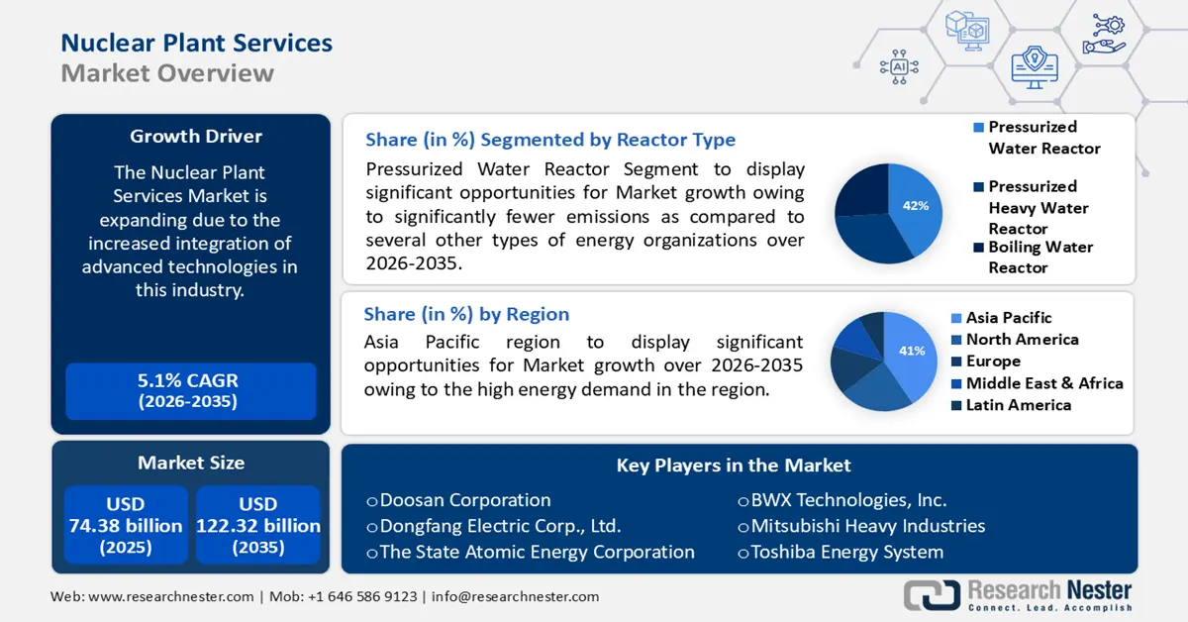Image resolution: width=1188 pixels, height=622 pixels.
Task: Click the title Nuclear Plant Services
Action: [x=196, y=43]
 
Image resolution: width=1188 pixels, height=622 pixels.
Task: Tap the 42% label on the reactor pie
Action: [x=915, y=206]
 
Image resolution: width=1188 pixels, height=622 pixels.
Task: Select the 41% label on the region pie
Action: [x=911, y=351]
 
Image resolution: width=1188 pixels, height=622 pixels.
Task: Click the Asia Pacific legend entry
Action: [x=1008, y=318]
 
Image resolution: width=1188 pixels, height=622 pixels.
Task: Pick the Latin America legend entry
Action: [x=1018, y=405]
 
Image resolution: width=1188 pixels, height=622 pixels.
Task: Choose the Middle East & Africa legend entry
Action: [x=1043, y=383]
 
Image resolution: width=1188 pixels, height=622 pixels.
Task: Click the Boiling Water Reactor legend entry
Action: [x=1039, y=258]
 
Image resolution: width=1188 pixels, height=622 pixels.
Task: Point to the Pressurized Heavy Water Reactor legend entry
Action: [x=1038, y=207]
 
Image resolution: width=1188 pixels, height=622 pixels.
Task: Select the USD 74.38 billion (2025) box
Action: [x=126, y=525]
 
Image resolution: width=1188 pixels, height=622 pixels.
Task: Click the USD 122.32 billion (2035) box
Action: [x=257, y=525]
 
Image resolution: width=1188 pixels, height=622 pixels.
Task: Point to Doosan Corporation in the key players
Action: [x=464, y=500]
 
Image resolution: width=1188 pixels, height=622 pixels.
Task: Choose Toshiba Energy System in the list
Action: [x=846, y=553]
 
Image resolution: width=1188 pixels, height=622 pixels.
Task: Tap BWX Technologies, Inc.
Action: [x=848, y=500]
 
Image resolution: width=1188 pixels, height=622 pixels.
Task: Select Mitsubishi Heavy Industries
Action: [x=867, y=526]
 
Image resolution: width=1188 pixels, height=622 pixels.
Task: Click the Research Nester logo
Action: [x=1019, y=595]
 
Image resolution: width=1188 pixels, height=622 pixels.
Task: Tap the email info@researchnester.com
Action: [x=515, y=597]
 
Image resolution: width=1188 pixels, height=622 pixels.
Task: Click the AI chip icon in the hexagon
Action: [x=899, y=66]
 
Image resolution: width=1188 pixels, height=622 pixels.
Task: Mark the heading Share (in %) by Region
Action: [x=466, y=315]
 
